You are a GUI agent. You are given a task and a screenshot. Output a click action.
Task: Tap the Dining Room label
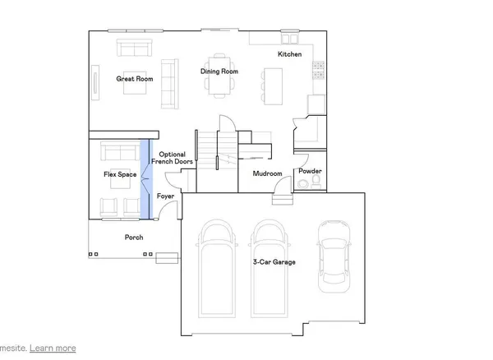tap(219, 72)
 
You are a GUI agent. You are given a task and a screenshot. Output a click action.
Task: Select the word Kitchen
tap(289, 54)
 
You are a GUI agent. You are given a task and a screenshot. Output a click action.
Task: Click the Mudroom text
tap(268, 173)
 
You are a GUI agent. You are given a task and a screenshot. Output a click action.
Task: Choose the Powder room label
tap(311, 171)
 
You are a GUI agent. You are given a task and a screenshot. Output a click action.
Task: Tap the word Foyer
tap(166, 196)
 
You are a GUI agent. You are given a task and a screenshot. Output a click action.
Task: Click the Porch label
tap(134, 238)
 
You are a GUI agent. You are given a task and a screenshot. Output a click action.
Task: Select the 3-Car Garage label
tap(274, 262)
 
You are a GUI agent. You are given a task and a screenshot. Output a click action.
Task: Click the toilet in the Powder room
tap(318, 186)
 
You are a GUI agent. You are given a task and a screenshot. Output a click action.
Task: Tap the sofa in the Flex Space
tap(119, 152)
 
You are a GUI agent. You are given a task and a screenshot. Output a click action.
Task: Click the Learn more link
tap(53, 348)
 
